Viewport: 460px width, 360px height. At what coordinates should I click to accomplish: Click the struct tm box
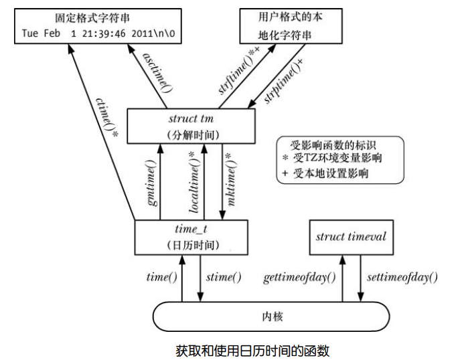[191, 126]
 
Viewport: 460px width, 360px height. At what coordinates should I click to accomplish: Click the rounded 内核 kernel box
[271, 315]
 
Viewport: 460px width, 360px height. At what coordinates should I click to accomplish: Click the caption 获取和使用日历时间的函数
[252, 349]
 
